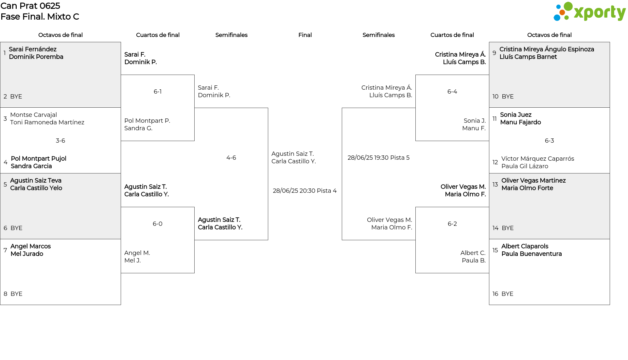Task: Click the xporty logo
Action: [589, 12]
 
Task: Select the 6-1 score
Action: [158, 92]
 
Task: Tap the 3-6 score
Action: [61, 141]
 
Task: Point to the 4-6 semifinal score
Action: [231, 158]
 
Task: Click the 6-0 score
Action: [158, 224]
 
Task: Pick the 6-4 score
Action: [452, 92]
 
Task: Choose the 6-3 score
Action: [549, 141]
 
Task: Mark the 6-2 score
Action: [452, 224]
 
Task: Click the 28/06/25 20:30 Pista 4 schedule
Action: [305, 191]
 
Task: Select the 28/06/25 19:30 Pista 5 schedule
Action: [378, 158]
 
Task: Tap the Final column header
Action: [305, 35]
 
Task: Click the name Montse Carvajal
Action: [33, 115]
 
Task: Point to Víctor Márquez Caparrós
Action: [538, 159]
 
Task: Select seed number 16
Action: [495, 294]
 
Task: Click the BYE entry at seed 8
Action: [16, 294]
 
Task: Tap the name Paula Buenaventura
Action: [532, 254]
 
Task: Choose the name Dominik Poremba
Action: [36, 57]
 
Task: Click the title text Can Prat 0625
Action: [30, 6]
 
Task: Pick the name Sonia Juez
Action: [516, 115]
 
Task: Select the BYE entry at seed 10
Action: [508, 97]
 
